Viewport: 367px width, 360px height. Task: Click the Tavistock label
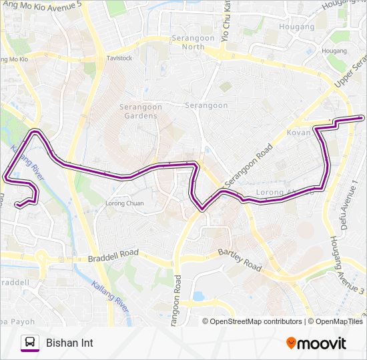119,58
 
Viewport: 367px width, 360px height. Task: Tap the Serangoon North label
194,42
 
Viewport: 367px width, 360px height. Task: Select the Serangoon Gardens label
138,111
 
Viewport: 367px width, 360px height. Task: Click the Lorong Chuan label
125,203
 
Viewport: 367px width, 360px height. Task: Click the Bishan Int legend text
69,343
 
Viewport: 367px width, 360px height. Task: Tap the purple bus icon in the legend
29,343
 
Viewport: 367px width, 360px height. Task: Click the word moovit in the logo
322,343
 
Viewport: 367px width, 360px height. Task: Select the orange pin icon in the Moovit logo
291,343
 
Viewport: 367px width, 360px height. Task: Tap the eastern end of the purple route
362,118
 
